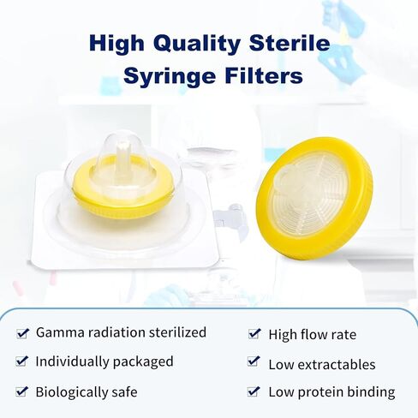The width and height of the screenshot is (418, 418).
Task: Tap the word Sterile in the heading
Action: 290,43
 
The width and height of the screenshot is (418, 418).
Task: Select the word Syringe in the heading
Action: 170,76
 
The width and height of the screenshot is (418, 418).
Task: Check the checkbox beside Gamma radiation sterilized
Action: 22,333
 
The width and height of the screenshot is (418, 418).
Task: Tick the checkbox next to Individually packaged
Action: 22,361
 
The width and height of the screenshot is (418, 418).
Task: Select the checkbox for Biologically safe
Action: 22,391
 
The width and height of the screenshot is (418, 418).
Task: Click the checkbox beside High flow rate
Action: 254,333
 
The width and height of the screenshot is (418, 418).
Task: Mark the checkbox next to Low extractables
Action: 254,361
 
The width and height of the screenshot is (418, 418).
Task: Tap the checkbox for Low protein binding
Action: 254,391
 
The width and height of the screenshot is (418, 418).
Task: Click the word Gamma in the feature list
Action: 61,332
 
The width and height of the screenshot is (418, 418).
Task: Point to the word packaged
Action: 143,362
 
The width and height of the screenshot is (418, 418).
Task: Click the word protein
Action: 320,393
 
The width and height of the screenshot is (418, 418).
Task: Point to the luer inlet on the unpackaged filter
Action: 286,178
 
